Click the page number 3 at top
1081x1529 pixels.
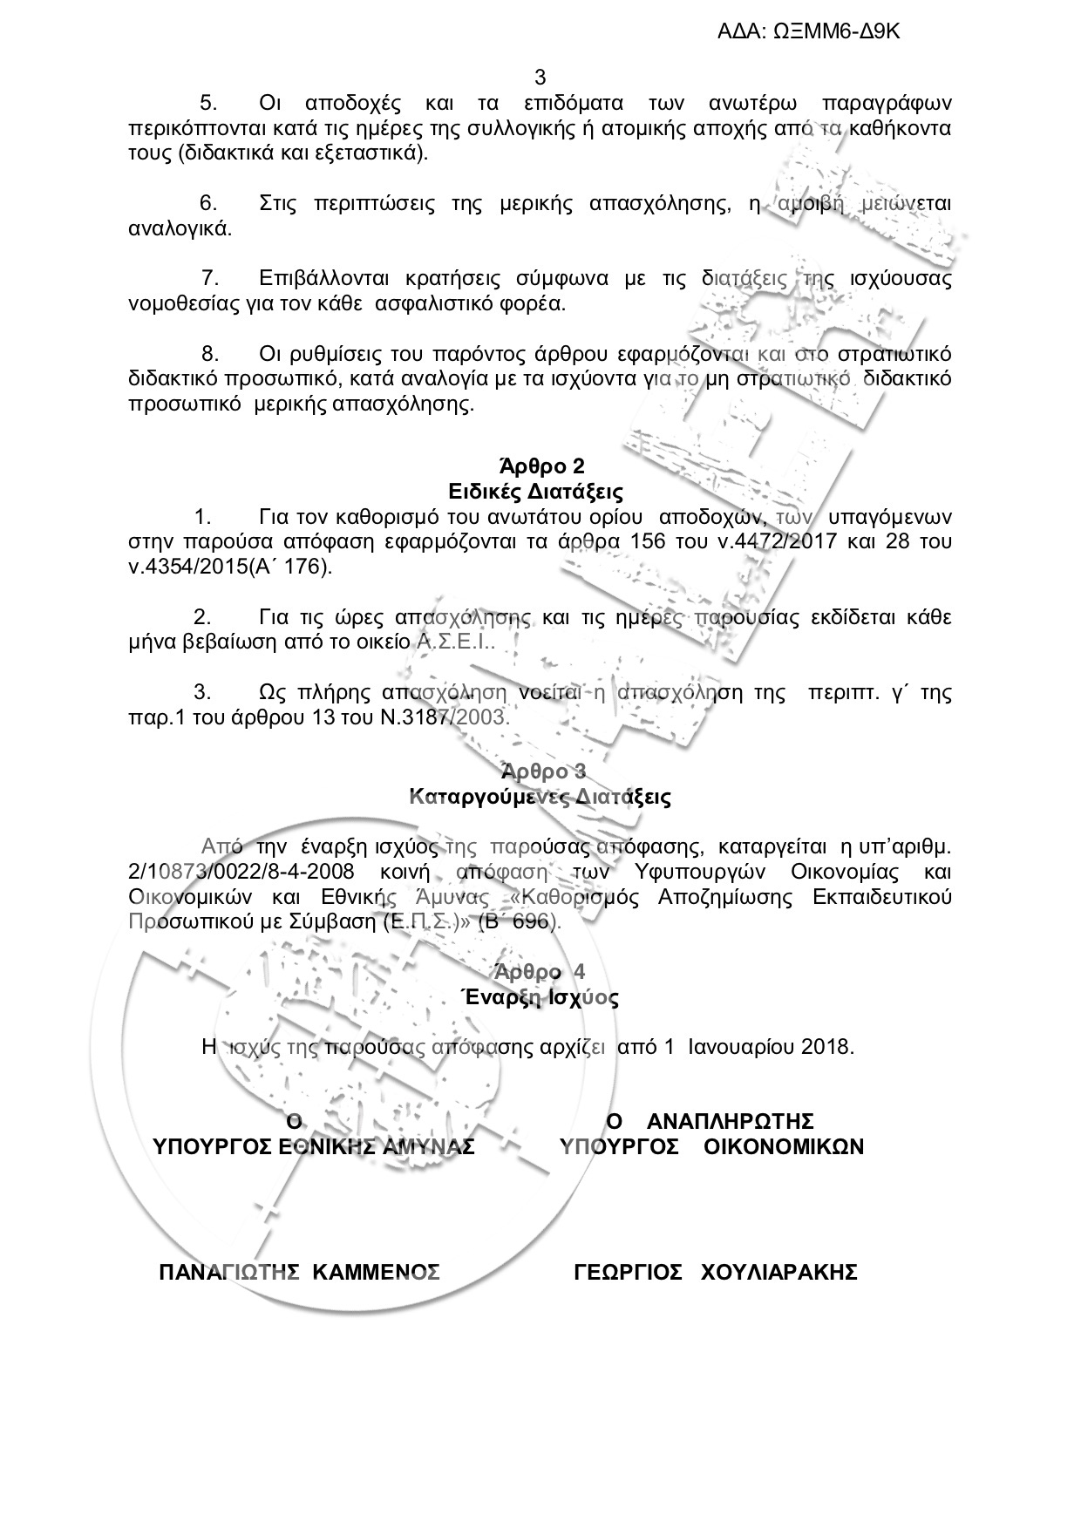540,77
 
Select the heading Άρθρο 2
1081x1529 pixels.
540,465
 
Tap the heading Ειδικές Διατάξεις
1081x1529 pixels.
540,491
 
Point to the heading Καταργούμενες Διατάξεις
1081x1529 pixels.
540,796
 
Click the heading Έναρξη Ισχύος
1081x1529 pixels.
540,997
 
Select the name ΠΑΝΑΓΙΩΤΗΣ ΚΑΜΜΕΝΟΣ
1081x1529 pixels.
299,1272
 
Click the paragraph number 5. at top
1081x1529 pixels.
208,103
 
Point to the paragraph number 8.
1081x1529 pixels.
210,354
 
